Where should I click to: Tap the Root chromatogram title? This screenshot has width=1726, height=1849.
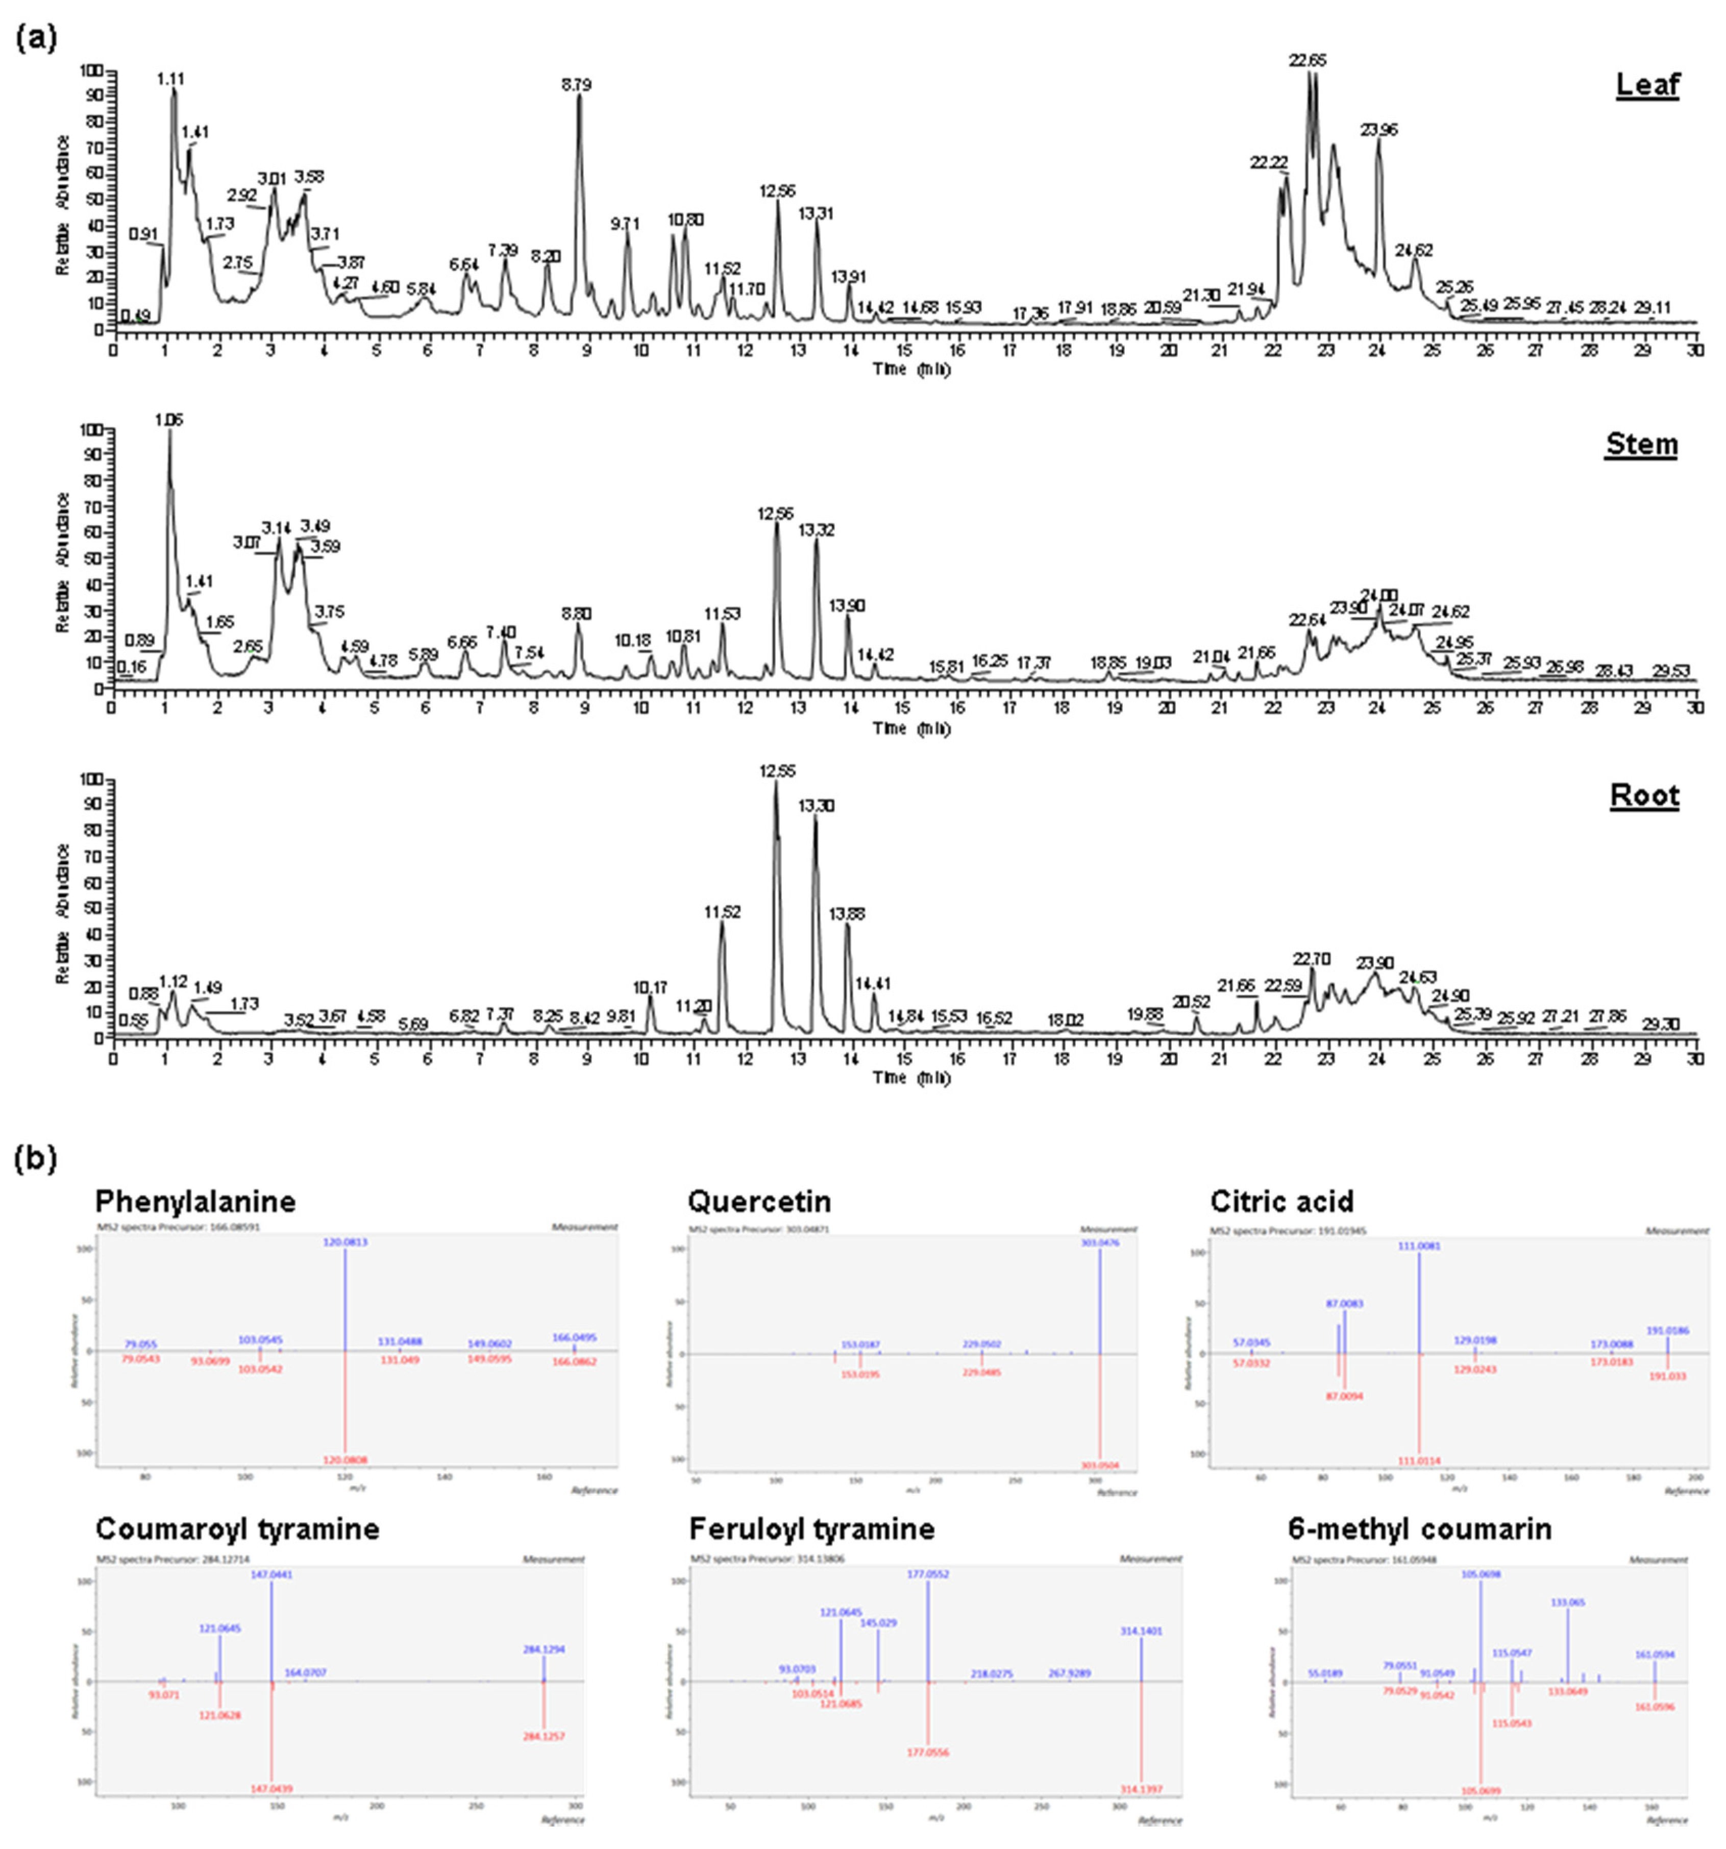1644,796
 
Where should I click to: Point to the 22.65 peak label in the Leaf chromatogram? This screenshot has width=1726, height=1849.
1306,60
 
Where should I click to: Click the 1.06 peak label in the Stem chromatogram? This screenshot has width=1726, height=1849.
169,421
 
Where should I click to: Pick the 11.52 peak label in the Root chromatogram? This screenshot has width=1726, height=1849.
723,912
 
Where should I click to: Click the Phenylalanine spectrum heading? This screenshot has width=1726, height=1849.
195,1202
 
